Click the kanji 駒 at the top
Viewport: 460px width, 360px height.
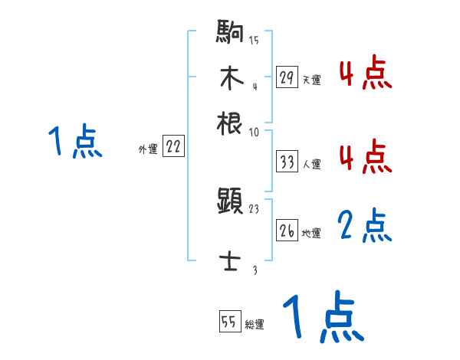(x=230, y=34)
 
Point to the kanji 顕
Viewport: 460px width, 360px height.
(x=230, y=202)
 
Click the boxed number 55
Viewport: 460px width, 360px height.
(x=228, y=322)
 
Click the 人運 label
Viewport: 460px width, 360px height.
(x=311, y=164)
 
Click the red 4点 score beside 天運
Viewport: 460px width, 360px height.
(x=365, y=74)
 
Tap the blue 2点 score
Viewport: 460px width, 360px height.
(x=365, y=226)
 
